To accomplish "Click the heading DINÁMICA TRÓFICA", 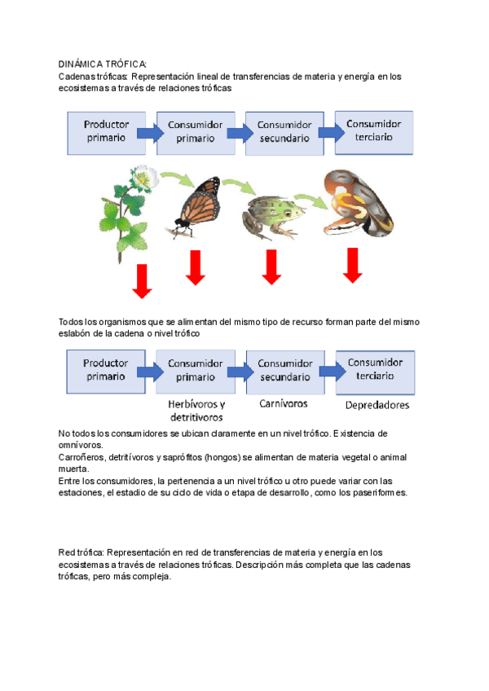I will [103, 64].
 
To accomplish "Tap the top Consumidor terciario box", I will [373, 131].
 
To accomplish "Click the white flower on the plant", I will [145, 176].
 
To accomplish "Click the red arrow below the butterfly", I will [195, 267].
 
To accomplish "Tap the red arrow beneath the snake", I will [352, 266].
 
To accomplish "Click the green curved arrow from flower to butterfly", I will [173, 177].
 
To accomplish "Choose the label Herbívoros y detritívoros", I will [196, 410].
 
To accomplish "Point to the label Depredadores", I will [377, 404].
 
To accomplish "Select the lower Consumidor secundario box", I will [285, 371].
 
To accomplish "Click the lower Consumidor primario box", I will [196, 371].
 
